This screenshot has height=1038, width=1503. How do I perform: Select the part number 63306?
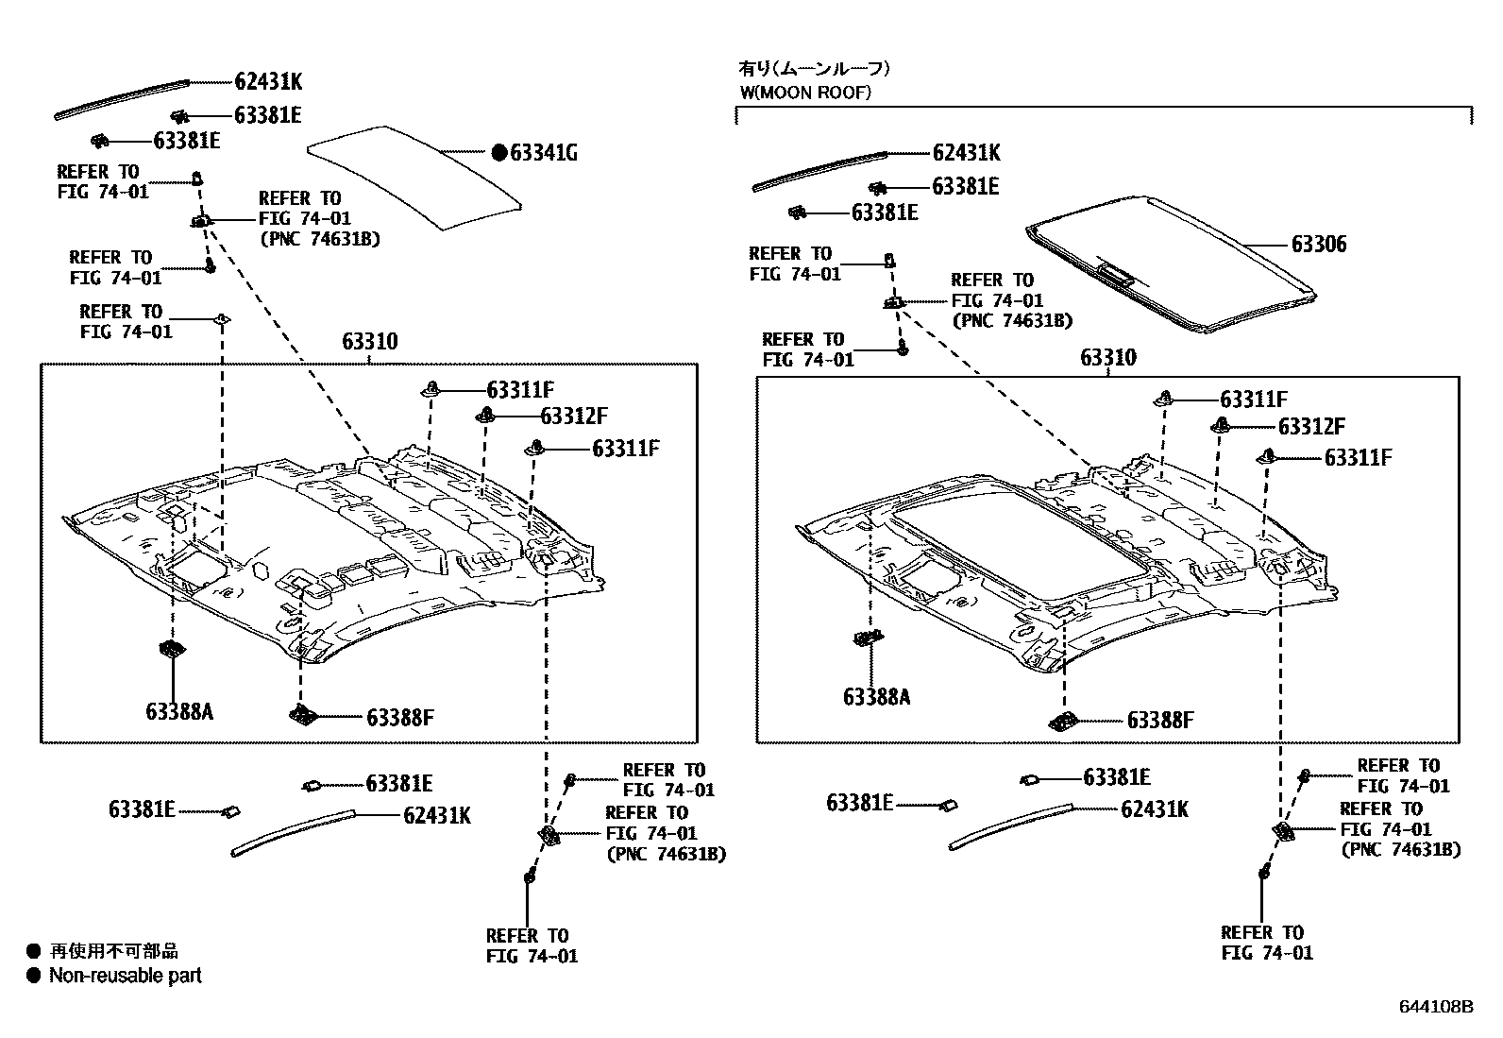click(x=1319, y=245)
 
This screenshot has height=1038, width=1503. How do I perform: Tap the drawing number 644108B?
click(x=1435, y=1007)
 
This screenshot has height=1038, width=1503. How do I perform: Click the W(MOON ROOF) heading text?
click(x=804, y=93)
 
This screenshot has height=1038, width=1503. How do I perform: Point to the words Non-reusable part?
click(x=126, y=976)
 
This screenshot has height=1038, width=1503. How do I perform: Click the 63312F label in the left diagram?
click(x=573, y=416)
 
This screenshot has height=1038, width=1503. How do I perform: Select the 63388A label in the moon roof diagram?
click(x=876, y=697)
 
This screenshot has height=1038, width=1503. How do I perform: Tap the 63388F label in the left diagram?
click(x=399, y=718)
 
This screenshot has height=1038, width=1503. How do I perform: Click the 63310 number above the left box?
click(x=369, y=342)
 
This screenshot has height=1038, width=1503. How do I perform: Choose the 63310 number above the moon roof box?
click(x=1108, y=358)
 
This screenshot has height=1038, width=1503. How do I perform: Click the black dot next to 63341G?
click(x=499, y=152)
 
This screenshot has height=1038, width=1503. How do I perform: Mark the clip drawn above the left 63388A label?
click(x=172, y=650)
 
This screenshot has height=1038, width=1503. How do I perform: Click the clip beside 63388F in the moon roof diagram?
click(x=1063, y=723)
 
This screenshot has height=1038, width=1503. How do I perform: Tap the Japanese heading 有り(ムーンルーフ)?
click(x=814, y=68)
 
